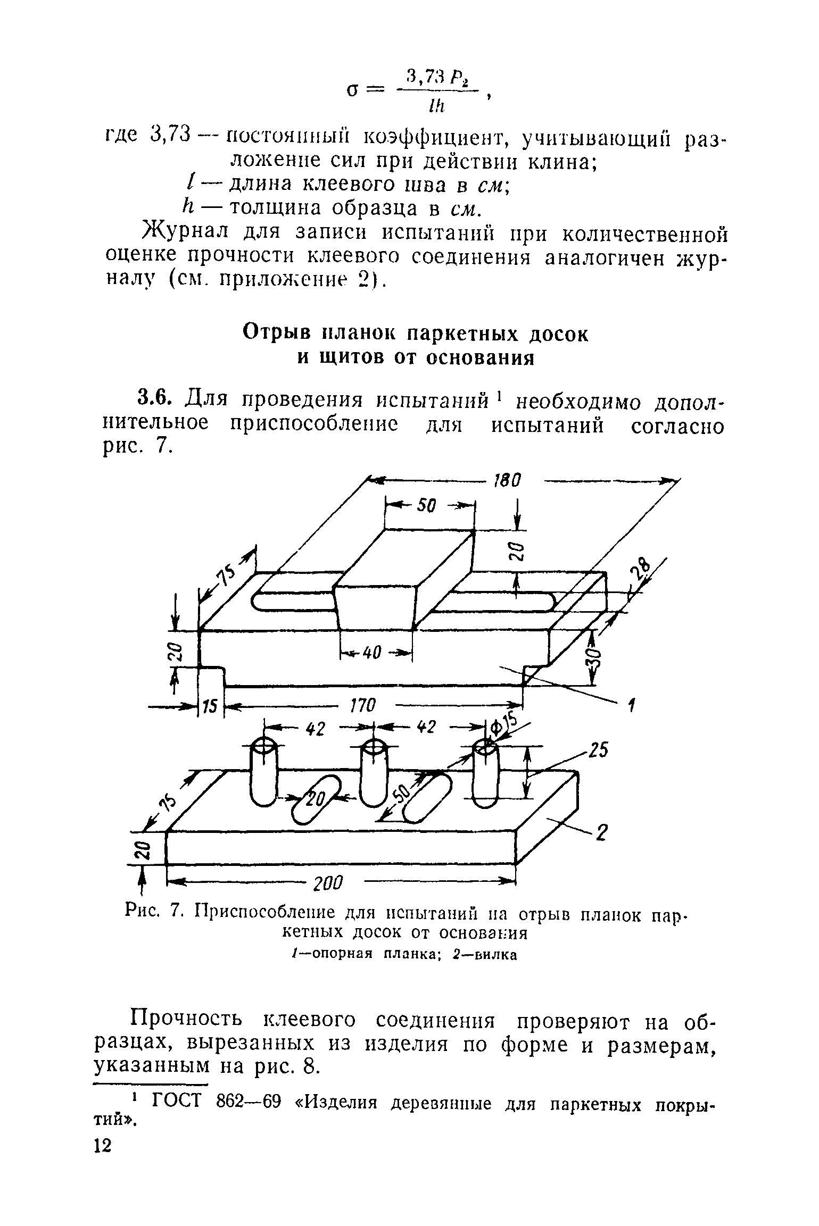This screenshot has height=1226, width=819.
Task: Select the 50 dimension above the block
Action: click(426, 506)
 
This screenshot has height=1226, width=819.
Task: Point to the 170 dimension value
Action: click(363, 706)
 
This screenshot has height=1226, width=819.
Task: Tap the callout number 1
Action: click(631, 706)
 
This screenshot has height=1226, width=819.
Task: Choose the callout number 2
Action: click(601, 833)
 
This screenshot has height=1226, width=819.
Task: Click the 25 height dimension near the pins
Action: click(597, 751)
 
